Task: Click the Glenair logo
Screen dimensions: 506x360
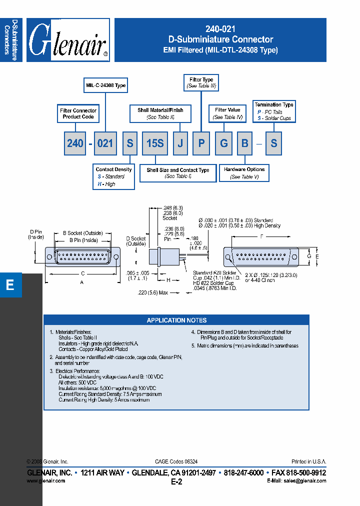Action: click(x=68, y=40)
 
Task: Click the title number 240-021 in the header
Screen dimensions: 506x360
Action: click(x=220, y=29)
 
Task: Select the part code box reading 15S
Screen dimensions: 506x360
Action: click(x=155, y=143)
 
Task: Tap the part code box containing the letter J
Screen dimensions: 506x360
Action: click(x=180, y=143)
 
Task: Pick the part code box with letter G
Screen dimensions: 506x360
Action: click(x=224, y=143)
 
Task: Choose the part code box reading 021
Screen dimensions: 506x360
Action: click(x=105, y=143)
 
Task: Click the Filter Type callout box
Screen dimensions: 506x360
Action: click(x=201, y=83)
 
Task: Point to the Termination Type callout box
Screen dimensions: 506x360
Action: click(x=274, y=111)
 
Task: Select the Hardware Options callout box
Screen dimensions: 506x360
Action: click(x=244, y=173)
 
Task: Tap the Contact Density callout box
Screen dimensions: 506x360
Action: click(x=114, y=176)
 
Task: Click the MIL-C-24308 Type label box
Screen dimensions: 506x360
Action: click(x=105, y=85)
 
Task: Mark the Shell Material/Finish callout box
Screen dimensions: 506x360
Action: click(x=160, y=113)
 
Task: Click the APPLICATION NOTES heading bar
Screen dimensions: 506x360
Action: click(x=176, y=320)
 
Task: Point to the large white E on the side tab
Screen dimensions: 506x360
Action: click(x=10, y=285)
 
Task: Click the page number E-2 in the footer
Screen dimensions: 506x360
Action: click(x=176, y=482)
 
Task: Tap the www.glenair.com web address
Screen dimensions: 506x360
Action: click(x=45, y=480)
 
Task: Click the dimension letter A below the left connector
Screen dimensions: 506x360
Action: click(x=82, y=281)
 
